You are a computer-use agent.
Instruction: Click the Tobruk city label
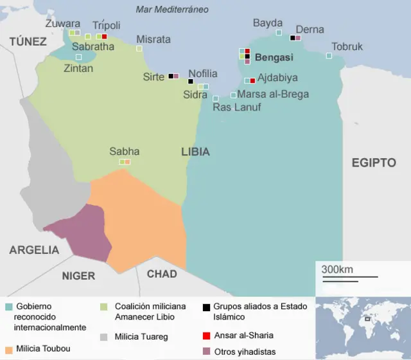pyautogui.click(x=347, y=46)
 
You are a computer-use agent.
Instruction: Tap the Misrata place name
pyautogui.click(x=153, y=39)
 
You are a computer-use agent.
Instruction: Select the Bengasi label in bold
pyautogui.click(x=274, y=57)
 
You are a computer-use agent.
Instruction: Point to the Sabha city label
pyautogui.click(x=124, y=151)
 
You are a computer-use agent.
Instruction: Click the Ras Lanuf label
pyautogui.click(x=236, y=107)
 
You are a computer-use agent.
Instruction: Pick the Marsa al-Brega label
pyautogui.click(x=273, y=94)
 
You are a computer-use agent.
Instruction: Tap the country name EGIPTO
pyautogui.click(x=374, y=163)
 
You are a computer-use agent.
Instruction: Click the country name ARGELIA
pyautogui.click(x=34, y=250)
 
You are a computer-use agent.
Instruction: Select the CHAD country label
pyautogui.click(x=162, y=274)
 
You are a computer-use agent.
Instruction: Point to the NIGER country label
pyautogui.click(x=78, y=276)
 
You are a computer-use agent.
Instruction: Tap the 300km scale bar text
pyautogui.click(x=337, y=269)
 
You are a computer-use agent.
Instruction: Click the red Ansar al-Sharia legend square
pyautogui.click(x=206, y=335)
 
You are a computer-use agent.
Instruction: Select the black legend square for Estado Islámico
pyautogui.click(x=206, y=307)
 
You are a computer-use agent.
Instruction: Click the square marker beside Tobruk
pyautogui.click(x=329, y=56)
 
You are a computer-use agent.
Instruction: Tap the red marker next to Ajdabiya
pyautogui.click(x=252, y=80)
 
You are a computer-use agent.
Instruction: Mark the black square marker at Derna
pyautogui.click(x=292, y=37)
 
